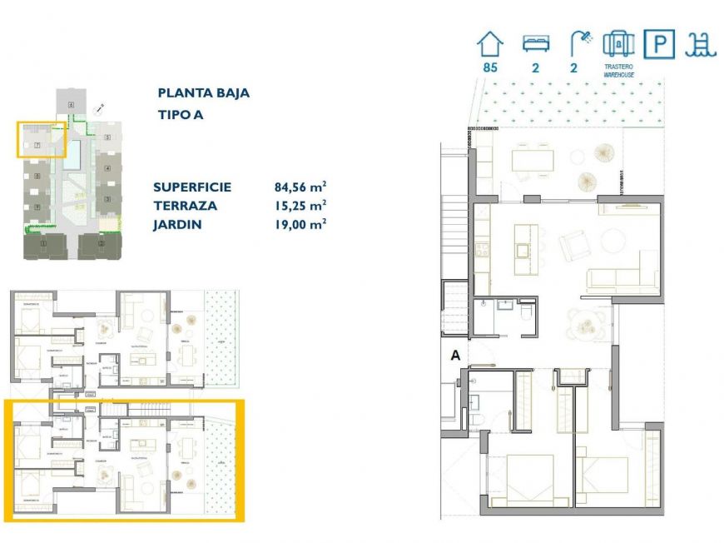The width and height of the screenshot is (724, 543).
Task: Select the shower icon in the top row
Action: click(x=579, y=42)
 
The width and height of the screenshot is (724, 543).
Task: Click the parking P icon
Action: click(x=659, y=43)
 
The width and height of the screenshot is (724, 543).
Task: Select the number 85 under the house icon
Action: click(x=489, y=68)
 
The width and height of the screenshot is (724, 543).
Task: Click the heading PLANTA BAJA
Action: click(x=203, y=93)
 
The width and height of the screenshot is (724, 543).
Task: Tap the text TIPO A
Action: click(x=181, y=115)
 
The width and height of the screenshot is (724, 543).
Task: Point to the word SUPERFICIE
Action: click(x=192, y=187)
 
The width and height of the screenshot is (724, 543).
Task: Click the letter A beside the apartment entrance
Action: click(x=455, y=355)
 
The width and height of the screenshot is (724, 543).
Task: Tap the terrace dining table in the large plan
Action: click(x=533, y=158)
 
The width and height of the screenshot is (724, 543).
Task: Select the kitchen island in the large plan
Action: click(x=523, y=248)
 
